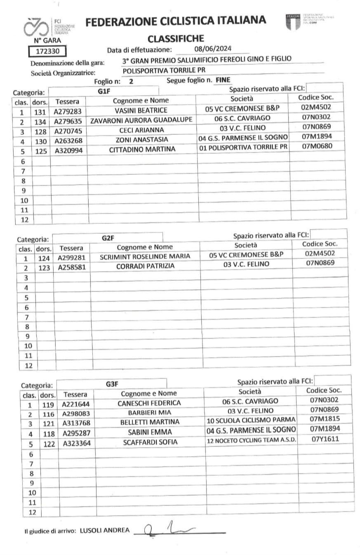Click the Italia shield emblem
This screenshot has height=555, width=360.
coord(292,21)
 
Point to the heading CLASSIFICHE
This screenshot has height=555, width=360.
coord(176,39)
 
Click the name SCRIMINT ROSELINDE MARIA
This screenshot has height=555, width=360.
coord(145,256)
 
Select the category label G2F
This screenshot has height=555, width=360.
coord(108,238)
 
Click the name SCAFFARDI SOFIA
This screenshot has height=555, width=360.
coord(150,442)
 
